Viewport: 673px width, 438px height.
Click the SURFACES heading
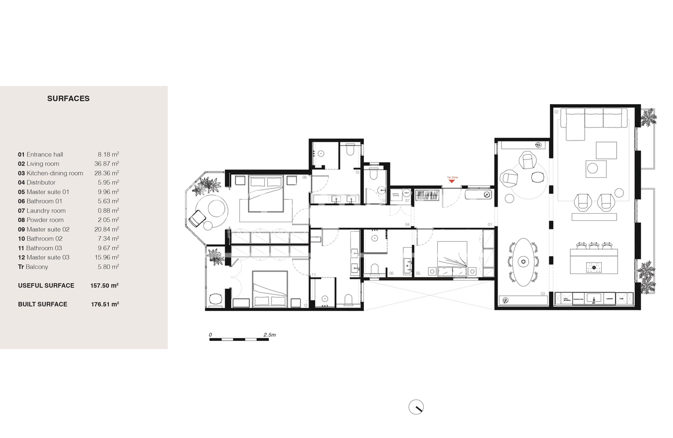point(68,99)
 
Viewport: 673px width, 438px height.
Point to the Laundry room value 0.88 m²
point(108,211)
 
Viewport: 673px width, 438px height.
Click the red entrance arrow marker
point(452,181)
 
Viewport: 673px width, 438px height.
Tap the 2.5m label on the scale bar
point(269,335)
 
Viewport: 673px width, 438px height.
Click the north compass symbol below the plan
point(416,407)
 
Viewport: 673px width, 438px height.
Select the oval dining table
point(523,262)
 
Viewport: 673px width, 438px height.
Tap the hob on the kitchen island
point(593,267)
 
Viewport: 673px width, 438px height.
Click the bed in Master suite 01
point(452,259)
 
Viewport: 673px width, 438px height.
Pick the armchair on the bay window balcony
point(197,218)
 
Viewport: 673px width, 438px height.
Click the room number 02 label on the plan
point(556,112)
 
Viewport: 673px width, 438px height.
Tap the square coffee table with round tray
point(596,168)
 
